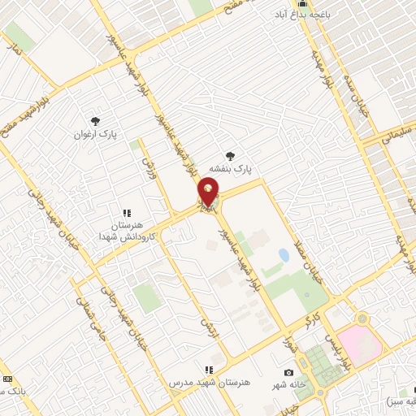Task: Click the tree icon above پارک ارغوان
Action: [97, 120]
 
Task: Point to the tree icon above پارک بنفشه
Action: [232, 154]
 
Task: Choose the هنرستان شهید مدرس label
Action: [209, 381]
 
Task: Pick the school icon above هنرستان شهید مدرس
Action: [209, 369]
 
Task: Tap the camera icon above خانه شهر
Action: [288, 372]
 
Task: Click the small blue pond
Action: [284, 256]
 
